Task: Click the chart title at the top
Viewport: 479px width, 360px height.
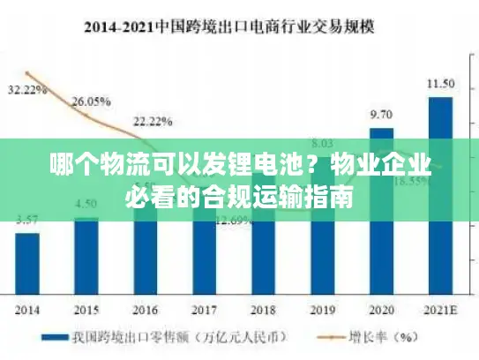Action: pos(239,26)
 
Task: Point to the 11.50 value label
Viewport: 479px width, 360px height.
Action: pos(440,84)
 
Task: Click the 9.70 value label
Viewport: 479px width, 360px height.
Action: pos(381,115)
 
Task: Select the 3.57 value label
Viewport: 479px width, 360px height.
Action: pos(27,220)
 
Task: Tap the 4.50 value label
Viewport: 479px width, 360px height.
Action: pos(86,204)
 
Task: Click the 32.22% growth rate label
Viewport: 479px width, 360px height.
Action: pos(27,90)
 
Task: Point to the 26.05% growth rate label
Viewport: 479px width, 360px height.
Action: pos(90,101)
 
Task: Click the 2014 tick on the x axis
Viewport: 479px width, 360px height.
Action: pos(27,311)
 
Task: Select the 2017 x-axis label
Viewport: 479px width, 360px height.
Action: pos(204,311)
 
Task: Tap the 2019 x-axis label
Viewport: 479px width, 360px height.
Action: pos(322,311)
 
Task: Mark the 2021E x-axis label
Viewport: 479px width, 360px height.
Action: pos(440,311)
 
